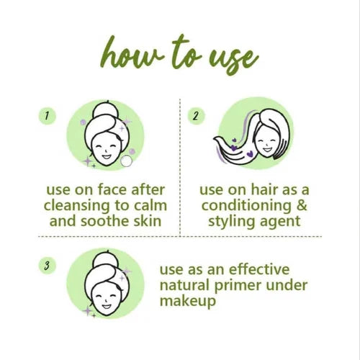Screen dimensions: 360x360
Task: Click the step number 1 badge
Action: coord(48,116)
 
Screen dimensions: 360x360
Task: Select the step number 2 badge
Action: coord(196,116)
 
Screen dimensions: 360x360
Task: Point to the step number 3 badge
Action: coord(48,266)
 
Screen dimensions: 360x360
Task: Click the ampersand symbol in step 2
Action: coord(302,205)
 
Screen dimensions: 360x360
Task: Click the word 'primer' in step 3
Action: coord(238,286)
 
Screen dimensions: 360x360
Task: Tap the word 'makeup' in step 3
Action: coord(188,302)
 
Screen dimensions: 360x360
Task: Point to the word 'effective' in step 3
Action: coord(259,269)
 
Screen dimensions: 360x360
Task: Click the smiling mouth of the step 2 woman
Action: coord(267,150)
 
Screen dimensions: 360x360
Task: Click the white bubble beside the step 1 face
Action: coord(126,161)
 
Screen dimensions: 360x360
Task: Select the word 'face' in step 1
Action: coord(112,189)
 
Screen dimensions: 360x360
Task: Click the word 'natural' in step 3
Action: coord(184,285)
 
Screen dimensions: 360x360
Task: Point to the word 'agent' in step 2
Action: coord(280,222)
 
